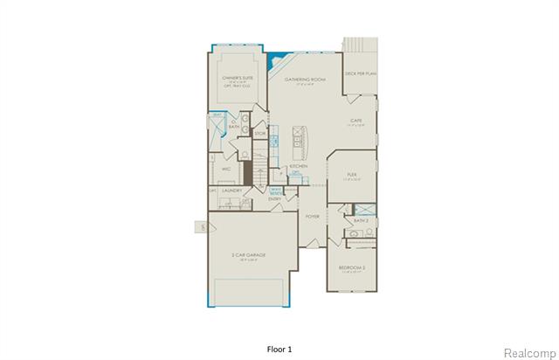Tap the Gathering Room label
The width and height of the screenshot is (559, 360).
[x=305, y=80]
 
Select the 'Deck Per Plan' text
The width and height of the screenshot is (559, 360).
[x=359, y=75]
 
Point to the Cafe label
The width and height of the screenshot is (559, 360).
[x=356, y=121]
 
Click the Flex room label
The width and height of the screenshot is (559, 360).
[x=353, y=175]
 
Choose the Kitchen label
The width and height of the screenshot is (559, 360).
[x=298, y=165]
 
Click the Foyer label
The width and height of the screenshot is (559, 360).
[x=312, y=215]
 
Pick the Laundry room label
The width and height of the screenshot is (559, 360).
[x=231, y=190]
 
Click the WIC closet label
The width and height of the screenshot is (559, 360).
[x=225, y=169]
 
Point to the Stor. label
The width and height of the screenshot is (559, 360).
[x=260, y=133]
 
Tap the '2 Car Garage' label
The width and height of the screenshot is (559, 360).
[x=249, y=254]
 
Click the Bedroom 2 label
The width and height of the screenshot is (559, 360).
[x=353, y=268]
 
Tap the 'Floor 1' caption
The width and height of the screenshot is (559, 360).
[x=279, y=349]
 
